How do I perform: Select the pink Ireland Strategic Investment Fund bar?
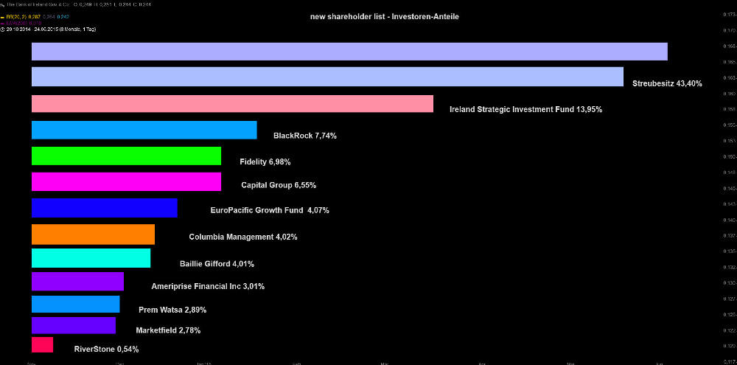pyautogui.click(x=232, y=104)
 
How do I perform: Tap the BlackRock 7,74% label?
pyautogui.click(x=304, y=136)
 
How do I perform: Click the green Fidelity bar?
pyautogui.click(x=126, y=156)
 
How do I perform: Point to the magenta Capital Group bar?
pyautogui.click(x=126, y=181)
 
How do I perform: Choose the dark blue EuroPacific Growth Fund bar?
pyautogui.click(x=105, y=208)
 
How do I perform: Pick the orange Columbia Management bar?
pyautogui.click(x=93, y=234)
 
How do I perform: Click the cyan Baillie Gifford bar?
pyautogui.click(x=91, y=258)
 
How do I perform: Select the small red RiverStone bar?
pyautogui.click(x=42, y=344)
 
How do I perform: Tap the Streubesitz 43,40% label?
pyautogui.click(x=667, y=83)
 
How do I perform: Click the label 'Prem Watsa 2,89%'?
pyautogui.click(x=172, y=310)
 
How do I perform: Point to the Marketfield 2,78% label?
pyautogui.click(x=168, y=330)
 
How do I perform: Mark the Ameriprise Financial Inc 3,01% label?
pyautogui.click(x=208, y=286)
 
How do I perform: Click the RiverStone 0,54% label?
pyautogui.click(x=106, y=349)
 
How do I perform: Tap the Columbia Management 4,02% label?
pyautogui.click(x=243, y=237)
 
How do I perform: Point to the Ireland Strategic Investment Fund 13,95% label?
pyautogui.click(x=525, y=109)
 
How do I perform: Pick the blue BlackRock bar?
pyautogui.click(x=144, y=130)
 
